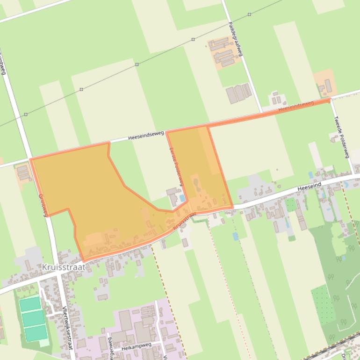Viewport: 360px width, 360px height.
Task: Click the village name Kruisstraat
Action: coord(64,267)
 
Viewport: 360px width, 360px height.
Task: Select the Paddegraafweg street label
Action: coord(235,39)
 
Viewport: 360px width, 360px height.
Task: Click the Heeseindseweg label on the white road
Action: coord(146,136)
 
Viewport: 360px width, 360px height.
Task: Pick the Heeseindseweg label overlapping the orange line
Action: coord(296,106)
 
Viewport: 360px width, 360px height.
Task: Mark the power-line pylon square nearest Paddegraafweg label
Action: coord(249,14)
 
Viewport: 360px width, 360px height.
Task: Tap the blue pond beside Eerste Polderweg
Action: coord(182,198)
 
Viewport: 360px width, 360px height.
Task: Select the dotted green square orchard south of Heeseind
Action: coord(323,304)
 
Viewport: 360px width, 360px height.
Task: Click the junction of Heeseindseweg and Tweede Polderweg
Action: coord(330,100)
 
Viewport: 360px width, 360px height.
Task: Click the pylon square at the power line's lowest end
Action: coord(26,114)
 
